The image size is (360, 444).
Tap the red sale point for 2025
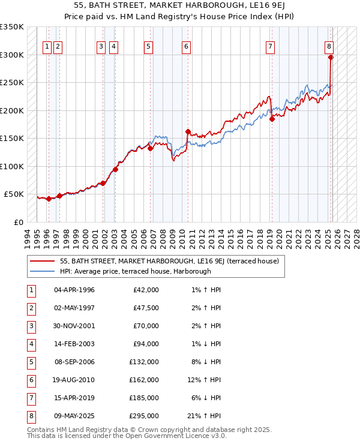click(x=331, y=58)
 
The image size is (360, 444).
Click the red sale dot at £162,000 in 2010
click(x=188, y=131)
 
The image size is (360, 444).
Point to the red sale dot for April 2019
click(x=272, y=119)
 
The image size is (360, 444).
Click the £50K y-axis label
click(x=14, y=194)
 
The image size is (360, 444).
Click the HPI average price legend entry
click(x=135, y=271)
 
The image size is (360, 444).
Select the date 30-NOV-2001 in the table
click(x=74, y=326)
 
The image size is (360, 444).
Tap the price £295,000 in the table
click(x=144, y=416)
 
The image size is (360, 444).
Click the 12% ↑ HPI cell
click(x=205, y=380)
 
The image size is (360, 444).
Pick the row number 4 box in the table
click(x=31, y=344)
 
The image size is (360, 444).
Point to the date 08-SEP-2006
click(x=74, y=362)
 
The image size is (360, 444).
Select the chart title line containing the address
click(x=179, y=5)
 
